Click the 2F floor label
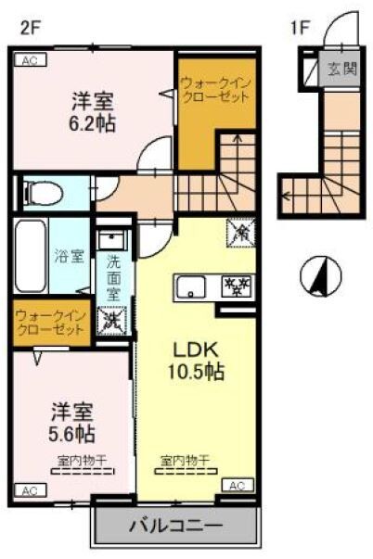point(30,28)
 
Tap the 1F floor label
point(300,28)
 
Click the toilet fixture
point(42,194)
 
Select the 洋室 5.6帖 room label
point(72,421)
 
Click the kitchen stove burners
point(234,286)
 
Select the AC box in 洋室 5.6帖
point(28,489)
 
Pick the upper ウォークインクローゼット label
point(216,90)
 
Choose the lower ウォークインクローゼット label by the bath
point(50,323)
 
